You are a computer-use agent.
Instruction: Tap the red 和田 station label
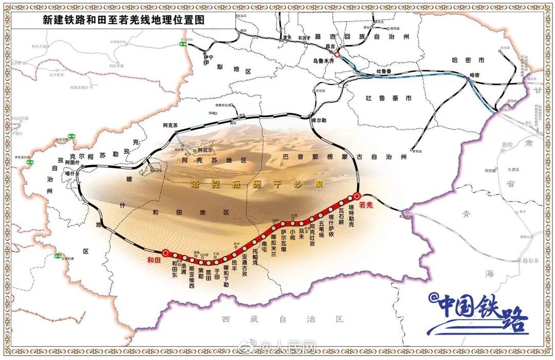click(x=154, y=259)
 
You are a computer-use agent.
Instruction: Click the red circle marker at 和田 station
click(x=165, y=253)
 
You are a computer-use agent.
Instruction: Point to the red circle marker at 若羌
click(x=357, y=195)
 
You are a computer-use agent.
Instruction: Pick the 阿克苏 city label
click(x=170, y=125)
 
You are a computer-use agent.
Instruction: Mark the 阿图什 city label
click(x=72, y=163)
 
